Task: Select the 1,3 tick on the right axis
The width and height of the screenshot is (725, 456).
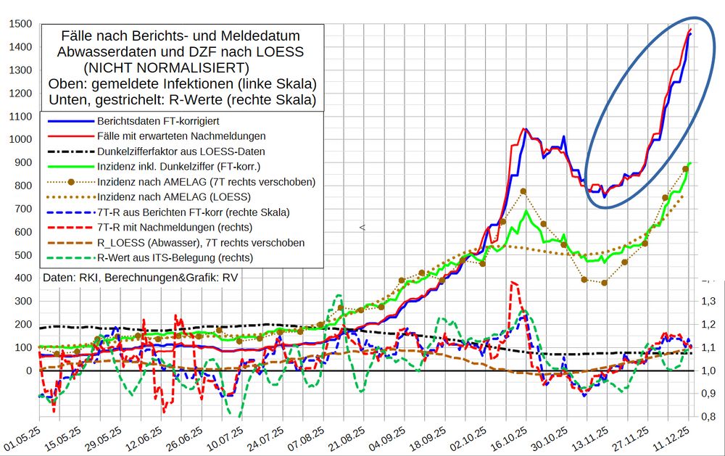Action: (707, 301)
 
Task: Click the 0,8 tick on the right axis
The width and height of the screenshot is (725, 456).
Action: (707, 417)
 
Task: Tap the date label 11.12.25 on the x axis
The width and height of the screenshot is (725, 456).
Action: (679, 437)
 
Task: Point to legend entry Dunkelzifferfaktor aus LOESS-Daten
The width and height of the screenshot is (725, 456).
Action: (181, 152)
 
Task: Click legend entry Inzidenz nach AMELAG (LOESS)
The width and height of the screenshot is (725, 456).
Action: (173, 196)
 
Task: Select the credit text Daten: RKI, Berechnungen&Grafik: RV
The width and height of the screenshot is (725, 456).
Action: (140, 278)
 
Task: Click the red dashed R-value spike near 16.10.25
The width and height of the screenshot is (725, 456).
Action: (513, 283)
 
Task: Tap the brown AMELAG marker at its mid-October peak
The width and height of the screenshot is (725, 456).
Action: (523, 191)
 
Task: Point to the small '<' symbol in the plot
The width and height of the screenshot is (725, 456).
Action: (362, 228)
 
